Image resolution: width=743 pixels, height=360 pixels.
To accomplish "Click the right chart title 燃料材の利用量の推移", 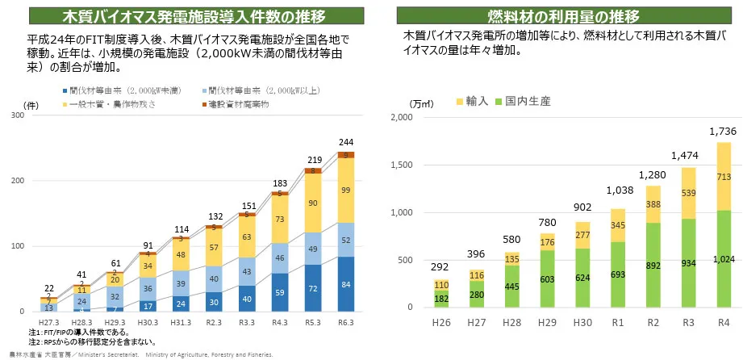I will click(x=564, y=16).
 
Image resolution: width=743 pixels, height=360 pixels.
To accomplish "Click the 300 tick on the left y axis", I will click(x=16, y=115).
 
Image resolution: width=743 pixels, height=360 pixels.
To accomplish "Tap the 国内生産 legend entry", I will click(x=525, y=101).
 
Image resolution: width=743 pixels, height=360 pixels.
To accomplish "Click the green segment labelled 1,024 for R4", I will click(x=723, y=258).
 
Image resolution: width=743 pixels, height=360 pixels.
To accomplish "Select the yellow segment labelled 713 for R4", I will click(x=723, y=177).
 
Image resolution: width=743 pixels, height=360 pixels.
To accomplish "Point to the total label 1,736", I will click(x=723, y=131).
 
